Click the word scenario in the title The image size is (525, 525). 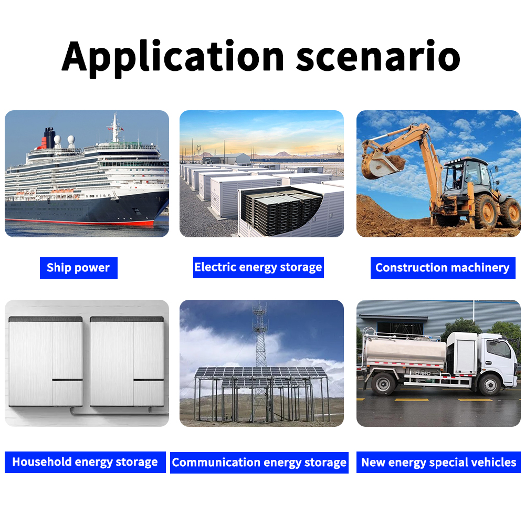click(x=378, y=57)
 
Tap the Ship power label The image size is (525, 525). click(x=78, y=268)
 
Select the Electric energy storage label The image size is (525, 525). click(x=258, y=267)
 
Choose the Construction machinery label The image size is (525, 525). click(x=443, y=268)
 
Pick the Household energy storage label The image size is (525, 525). click(x=85, y=462)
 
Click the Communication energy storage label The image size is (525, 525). click(x=259, y=463)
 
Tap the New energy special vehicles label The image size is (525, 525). click(x=438, y=463)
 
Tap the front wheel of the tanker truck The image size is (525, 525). click(x=489, y=385)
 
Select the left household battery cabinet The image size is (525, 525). click(x=46, y=361)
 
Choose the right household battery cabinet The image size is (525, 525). click(x=127, y=361)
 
